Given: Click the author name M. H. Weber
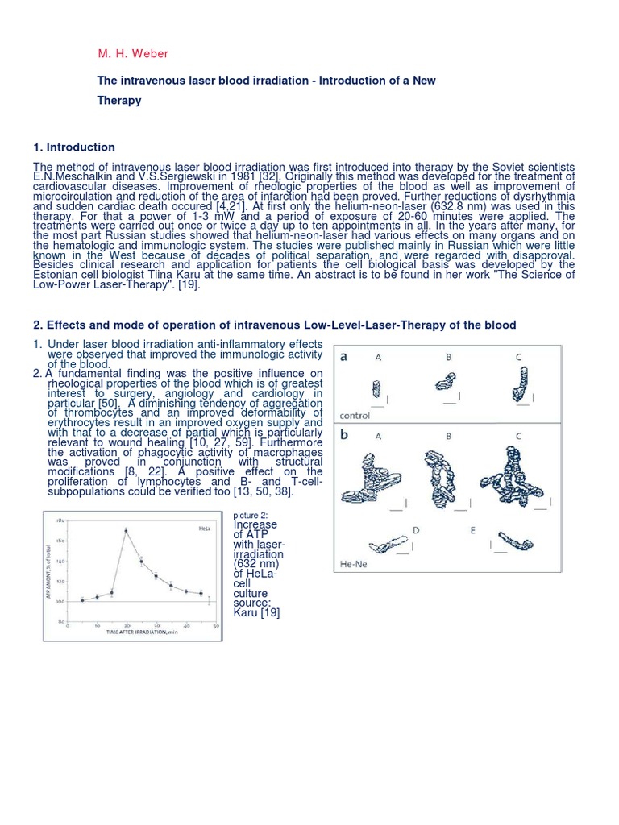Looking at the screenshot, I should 135,53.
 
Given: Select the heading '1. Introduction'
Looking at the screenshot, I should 74,147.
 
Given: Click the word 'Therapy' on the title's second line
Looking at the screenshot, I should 119,101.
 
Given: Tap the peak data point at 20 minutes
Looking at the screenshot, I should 126,530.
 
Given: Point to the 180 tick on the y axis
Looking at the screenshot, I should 60,520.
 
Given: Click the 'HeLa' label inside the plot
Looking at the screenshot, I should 205,529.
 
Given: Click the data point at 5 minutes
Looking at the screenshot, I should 82,600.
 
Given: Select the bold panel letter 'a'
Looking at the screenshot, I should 343,357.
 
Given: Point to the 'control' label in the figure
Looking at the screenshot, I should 355,416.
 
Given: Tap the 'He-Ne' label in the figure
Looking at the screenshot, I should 353,564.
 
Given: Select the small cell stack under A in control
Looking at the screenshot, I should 376,389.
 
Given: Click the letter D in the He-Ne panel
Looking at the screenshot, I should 416,530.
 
